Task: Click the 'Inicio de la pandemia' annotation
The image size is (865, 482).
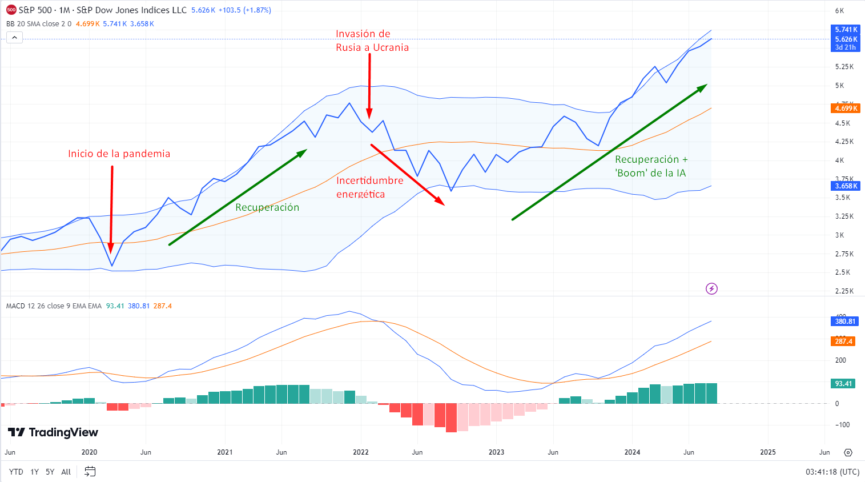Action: (119, 154)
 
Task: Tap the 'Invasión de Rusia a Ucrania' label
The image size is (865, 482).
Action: (372, 41)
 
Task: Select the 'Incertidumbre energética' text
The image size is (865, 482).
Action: (369, 187)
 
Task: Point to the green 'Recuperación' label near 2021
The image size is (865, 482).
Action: (267, 207)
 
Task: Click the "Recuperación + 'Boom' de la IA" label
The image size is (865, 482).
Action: (651, 166)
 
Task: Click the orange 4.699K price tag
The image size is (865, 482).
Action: (846, 109)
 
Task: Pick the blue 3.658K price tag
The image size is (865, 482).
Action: (846, 186)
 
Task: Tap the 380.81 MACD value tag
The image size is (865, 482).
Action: (845, 322)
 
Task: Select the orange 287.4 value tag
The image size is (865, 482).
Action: (843, 342)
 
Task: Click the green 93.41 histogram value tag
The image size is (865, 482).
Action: (843, 384)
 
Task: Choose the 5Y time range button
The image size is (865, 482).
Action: (50, 472)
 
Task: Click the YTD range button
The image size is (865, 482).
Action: (16, 472)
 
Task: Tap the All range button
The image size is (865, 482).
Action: (66, 472)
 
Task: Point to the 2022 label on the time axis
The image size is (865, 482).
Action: (361, 452)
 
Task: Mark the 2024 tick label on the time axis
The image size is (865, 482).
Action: (632, 452)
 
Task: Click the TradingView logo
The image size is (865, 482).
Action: (53, 432)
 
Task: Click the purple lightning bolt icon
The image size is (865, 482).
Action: (711, 288)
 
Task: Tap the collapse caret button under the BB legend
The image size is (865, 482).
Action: (14, 38)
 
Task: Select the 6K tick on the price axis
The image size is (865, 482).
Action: (839, 11)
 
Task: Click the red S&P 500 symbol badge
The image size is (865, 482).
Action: (11, 10)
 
